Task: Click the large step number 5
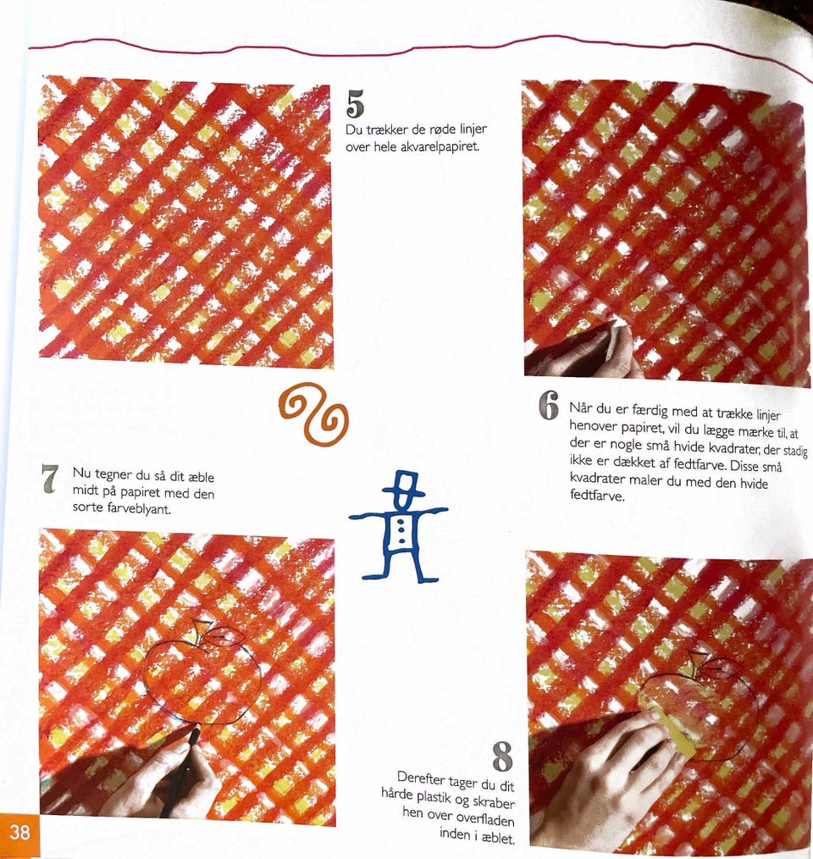point(355,104)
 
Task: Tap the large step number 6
point(549,406)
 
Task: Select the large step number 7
point(50,479)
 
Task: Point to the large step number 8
point(502,756)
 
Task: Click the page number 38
point(19,832)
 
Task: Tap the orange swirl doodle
point(312,413)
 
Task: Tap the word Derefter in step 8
point(421,779)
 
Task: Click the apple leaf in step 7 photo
point(224,636)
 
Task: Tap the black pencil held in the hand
point(184,767)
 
